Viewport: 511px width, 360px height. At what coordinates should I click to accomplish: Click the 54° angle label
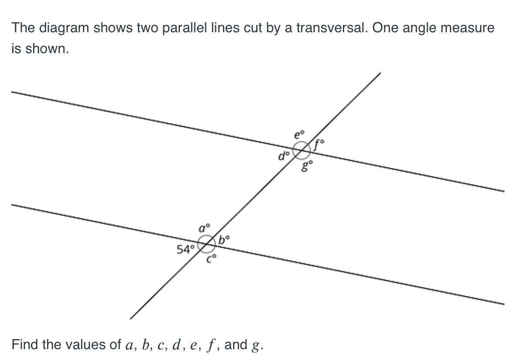coord(186,249)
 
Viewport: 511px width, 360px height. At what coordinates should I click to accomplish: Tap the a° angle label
coord(205,228)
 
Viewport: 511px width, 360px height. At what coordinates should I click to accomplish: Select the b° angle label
coord(224,239)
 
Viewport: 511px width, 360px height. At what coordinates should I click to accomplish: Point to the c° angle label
coord(212,260)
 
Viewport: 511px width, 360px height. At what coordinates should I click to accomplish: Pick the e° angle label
coord(300,135)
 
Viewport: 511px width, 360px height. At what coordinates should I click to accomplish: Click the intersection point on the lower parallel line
coord(206,243)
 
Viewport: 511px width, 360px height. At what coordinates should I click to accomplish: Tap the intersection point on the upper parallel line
coord(301,150)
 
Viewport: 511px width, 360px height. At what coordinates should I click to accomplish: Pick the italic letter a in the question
coord(129,345)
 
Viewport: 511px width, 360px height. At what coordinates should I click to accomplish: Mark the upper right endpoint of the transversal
coord(380,73)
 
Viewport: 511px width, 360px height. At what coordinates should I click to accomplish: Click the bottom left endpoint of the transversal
coord(130,318)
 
